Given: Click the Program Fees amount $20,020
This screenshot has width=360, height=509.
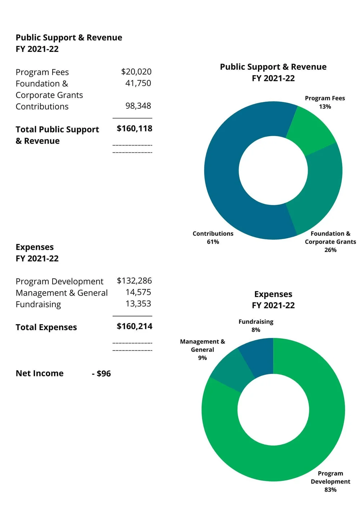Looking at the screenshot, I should coord(136,72).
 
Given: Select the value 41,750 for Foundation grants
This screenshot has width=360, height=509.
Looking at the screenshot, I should coord(138,83).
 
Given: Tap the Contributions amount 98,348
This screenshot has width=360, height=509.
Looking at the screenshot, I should coord(138,106).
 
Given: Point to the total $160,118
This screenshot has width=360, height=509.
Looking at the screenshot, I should coord(134,129).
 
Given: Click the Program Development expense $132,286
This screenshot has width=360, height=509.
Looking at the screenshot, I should coord(134,281).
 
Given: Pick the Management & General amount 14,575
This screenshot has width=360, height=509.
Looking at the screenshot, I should coord(138,292).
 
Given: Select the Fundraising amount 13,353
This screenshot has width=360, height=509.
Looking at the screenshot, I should coord(138,304).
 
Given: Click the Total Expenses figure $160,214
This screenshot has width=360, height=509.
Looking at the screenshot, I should coord(134,326).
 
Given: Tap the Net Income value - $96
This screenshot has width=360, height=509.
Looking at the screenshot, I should coord(102,374).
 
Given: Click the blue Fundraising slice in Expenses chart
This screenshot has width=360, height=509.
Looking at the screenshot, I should coord(259,356).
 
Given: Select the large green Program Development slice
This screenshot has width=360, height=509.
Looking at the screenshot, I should coord(288,457).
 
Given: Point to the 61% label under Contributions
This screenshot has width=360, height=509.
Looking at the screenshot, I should coord(213,242).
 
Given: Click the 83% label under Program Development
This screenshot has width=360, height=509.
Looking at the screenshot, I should coord(330,490).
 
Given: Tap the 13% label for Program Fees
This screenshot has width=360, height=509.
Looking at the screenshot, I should coord(325,107).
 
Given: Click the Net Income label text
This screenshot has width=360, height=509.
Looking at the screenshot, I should coord(40,373).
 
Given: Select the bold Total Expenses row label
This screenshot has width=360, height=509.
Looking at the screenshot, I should coord(46,327).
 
